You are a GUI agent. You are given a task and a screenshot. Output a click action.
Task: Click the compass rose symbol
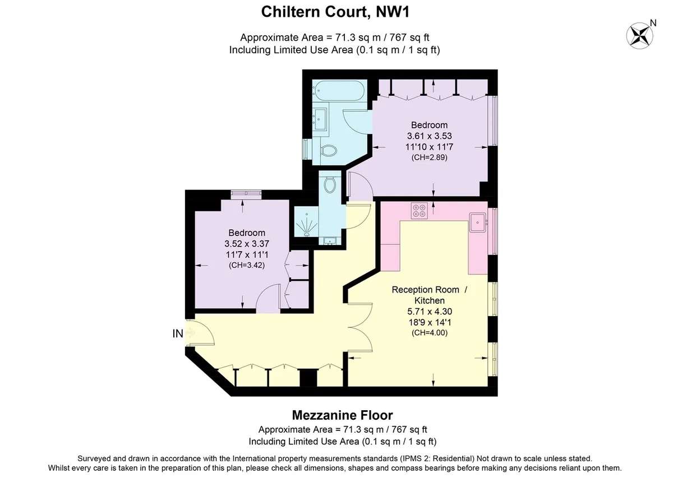[639, 36]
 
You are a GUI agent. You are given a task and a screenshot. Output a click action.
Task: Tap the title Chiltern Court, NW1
[335, 12]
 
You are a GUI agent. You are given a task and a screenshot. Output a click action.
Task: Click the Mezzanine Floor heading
[342, 415]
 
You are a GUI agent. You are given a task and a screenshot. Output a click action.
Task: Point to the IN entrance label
[178, 333]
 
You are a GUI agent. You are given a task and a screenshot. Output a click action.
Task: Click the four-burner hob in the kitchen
[419, 211]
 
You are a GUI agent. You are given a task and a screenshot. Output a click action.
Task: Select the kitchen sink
[478, 222]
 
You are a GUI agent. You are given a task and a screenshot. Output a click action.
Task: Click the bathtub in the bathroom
[339, 91]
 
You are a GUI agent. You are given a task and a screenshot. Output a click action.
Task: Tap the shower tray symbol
[306, 222]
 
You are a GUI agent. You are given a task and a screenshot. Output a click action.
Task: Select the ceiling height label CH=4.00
[430, 333]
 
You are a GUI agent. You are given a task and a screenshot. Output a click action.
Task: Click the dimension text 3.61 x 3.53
[430, 136]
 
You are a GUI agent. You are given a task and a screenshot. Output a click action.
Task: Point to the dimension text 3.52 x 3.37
[247, 243]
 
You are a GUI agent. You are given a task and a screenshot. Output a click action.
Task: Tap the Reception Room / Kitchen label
[430, 295]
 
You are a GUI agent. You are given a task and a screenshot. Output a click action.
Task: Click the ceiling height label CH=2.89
[430, 157]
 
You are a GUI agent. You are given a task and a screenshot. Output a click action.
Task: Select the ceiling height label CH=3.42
[247, 265]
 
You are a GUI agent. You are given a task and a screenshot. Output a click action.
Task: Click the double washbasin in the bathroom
[320, 119]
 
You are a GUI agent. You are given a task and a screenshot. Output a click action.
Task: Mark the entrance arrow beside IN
[190, 333]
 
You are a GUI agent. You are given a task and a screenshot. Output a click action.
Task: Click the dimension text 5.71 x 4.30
[430, 311]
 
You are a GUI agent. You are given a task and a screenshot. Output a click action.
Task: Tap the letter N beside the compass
[653, 23]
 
